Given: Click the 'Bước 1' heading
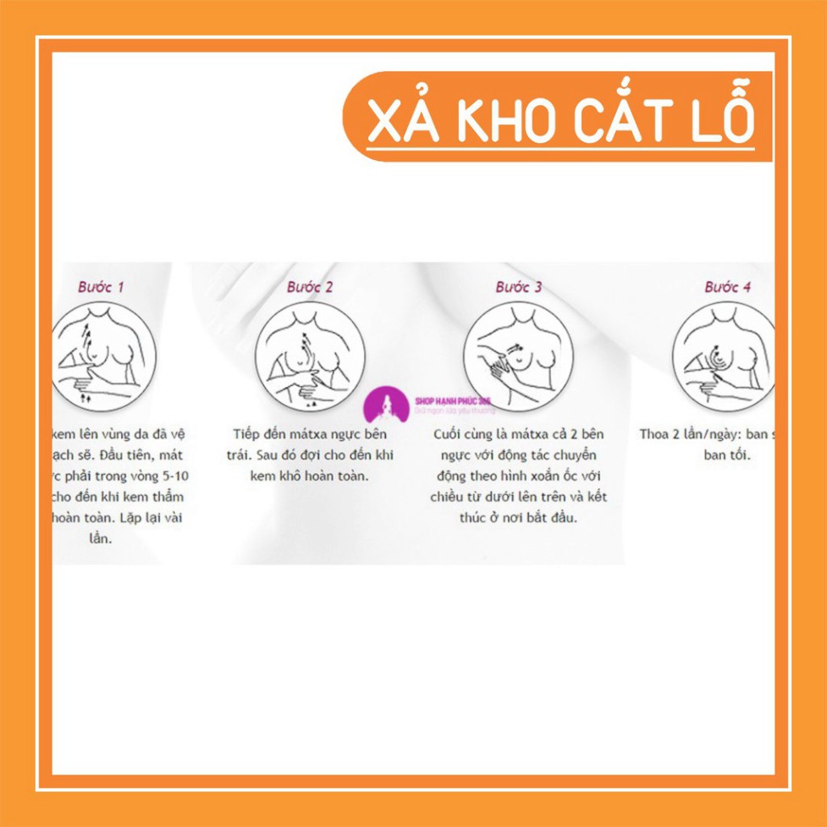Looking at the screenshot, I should pos(101,287).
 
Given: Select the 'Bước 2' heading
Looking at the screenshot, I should pos(310,287).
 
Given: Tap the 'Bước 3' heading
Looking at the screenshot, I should pos(519,287).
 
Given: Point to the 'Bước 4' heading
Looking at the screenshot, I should pos(727,287).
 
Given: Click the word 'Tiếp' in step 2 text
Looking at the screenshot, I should pos(249,435).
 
